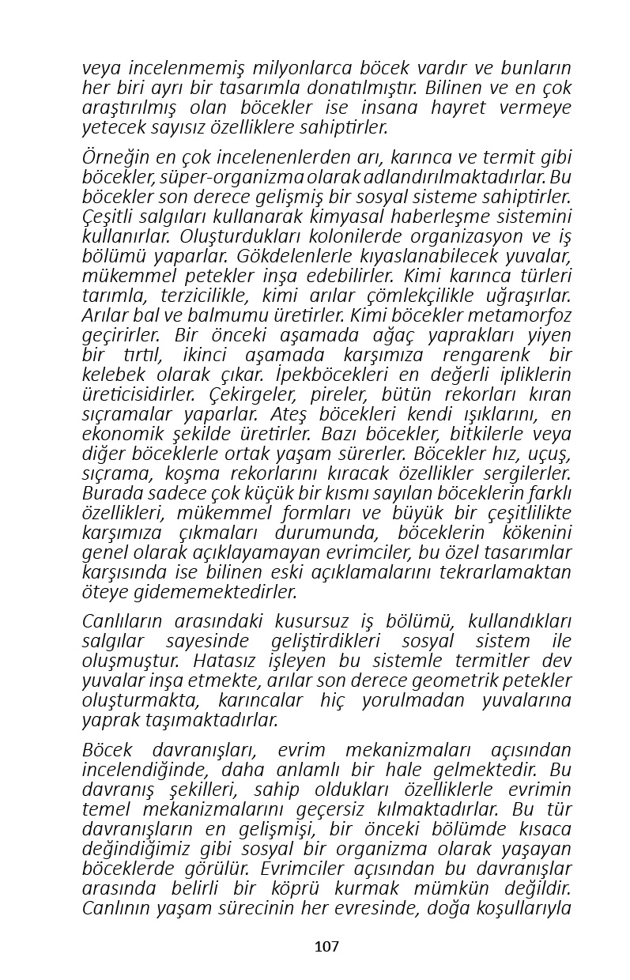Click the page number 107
click(x=326, y=946)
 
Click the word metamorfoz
click(x=523, y=315)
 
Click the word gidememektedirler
click(x=204, y=592)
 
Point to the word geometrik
click(x=435, y=680)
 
